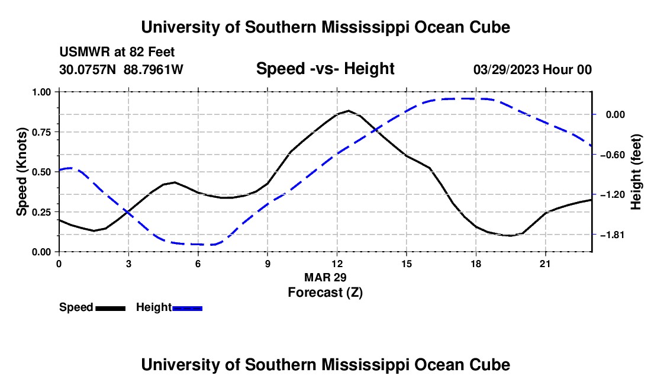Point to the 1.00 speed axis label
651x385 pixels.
[x=42, y=92]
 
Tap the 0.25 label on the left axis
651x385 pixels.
[x=42, y=212]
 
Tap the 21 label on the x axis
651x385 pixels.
[x=545, y=264]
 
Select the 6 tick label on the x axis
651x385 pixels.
[x=198, y=264]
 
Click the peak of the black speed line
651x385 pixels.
[x=349, y=111]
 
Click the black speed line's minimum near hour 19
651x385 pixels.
[x=510, y=236]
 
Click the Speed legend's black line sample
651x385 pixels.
[x=111, y=309]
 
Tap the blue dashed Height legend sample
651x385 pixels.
[x=187, y=309]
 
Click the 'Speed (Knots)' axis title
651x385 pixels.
[x=21, y=172]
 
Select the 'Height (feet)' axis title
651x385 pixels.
[x=636, y=172]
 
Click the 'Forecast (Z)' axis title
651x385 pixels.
[x=325, y=293]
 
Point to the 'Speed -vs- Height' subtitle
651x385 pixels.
[x=325, y=69]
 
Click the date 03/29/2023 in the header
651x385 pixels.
[x=507, y=69]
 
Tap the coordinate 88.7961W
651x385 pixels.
[x=153, y=69]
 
